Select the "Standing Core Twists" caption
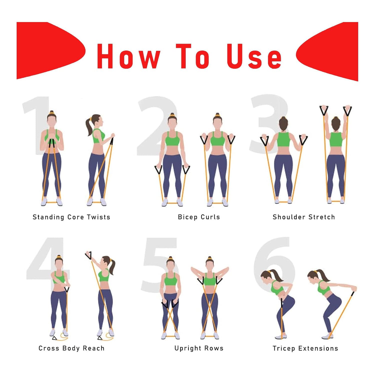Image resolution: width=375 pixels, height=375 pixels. tap(71, 217)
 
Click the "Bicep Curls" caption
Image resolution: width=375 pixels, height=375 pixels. tap(199, 217)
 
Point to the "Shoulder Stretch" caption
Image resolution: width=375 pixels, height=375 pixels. tap(303, 217)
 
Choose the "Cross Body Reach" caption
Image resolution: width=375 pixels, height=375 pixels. tap(71, 348)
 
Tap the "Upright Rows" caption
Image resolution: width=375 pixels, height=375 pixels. tap(199, 348)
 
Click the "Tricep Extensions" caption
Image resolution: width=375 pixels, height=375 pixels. tap(305, 348)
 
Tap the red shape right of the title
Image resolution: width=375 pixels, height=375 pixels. tap(330, 51)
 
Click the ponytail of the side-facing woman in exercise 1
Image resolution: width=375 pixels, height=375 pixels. tap(89, 126)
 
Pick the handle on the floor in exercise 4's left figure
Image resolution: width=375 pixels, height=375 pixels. tap(54, 338)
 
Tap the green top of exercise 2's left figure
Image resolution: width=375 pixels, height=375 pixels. tap(172, 139)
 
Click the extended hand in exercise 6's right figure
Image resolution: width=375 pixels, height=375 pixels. tap(354, 289)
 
